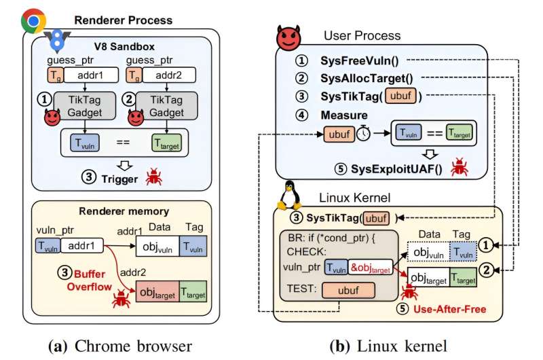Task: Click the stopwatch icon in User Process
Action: [364, 134]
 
